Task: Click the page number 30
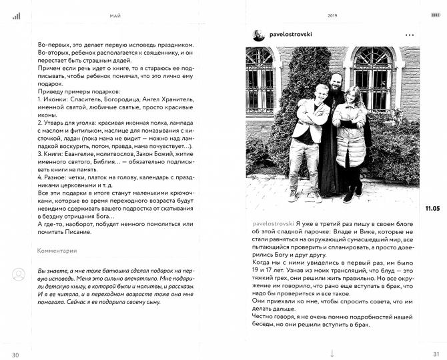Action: (15, 354)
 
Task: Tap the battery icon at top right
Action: (433, 15)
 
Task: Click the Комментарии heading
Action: (57, 251)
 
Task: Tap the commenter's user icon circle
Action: (19, 274)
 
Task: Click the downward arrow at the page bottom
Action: (332, 353)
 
